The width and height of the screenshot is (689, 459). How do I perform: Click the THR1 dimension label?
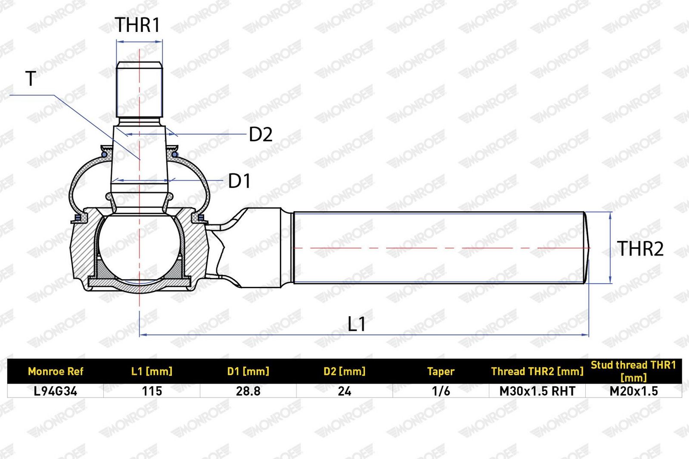pos(137,25)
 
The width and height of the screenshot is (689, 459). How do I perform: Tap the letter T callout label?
pos(31,79)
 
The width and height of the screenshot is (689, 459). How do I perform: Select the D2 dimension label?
pos(261,134)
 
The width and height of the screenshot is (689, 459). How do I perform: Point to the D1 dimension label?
pos(239,181)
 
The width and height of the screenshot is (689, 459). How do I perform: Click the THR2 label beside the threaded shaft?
pos(640,249)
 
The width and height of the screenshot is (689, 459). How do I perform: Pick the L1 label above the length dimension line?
pos(357,324)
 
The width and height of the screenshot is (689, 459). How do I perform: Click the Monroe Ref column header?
pos(56,371)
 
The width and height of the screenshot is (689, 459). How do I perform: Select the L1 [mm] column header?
pos(152,371)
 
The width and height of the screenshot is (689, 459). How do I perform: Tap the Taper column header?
pos(441,371)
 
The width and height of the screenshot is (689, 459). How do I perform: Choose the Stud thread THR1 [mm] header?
pos(633,371)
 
